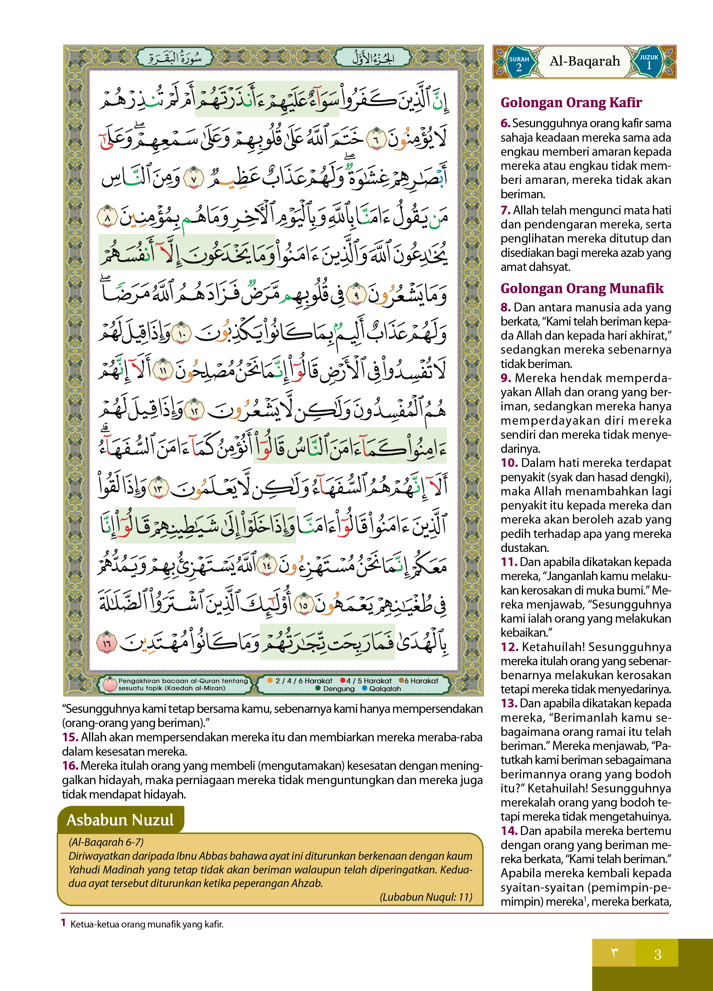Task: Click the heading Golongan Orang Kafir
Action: [x=571, y=102]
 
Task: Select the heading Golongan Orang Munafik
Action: [x=582, y=288]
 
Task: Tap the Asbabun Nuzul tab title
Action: [x=120, y=820]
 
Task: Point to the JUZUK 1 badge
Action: [x=649, y=62]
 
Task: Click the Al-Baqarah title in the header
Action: [x=584, y=61]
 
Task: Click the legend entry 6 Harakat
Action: [x=418, y=681]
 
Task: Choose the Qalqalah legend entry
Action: [x=381, y=689]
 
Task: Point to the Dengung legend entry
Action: [x=335, y=689]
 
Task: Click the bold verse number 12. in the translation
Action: [x=509, y=647]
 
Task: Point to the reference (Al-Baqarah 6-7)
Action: [x=106, y=842]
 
